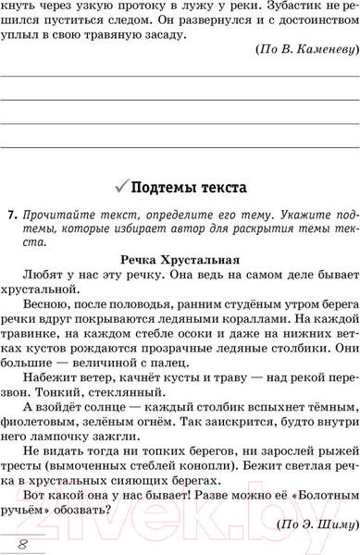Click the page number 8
20,544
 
